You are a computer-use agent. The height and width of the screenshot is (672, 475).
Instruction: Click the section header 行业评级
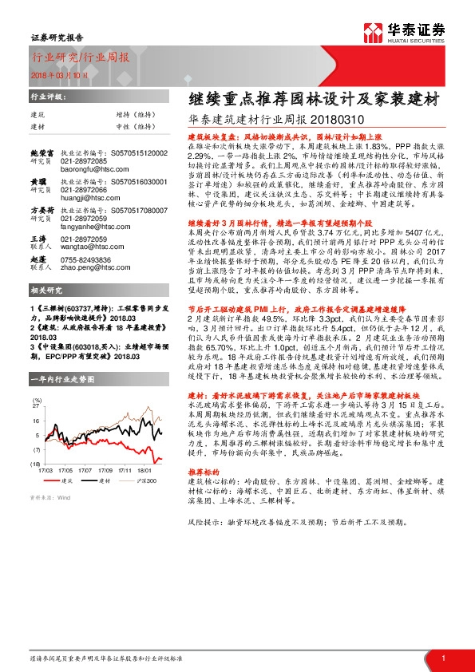click(45, 95)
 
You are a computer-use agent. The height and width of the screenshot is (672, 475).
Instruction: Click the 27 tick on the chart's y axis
click(36, 428)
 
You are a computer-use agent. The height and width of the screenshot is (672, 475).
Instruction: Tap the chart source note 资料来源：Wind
click(47, 496)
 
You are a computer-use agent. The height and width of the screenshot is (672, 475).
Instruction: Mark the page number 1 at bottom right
click(443, 657)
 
